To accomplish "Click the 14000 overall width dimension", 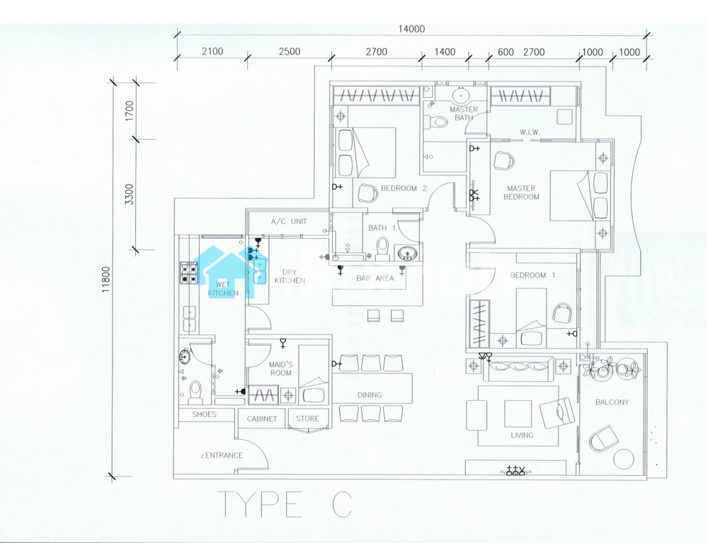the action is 411,29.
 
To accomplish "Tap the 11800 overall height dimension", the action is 105,279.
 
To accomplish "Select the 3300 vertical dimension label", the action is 130,194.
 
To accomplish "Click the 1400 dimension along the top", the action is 445,52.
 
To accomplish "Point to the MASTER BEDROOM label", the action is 521,192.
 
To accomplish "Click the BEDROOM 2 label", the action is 404,189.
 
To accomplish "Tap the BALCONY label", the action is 612,402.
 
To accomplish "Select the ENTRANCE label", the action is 224,455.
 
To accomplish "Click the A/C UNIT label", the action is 289,221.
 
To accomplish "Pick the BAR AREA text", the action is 375,279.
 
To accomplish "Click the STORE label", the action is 307,419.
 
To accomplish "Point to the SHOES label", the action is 204,414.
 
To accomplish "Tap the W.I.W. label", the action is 529,132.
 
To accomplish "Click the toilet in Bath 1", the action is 382,248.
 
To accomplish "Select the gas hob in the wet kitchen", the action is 189,274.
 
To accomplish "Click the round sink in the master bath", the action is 461,96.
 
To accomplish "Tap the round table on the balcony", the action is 624,460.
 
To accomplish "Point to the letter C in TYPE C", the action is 342,504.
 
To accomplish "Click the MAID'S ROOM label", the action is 281,369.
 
